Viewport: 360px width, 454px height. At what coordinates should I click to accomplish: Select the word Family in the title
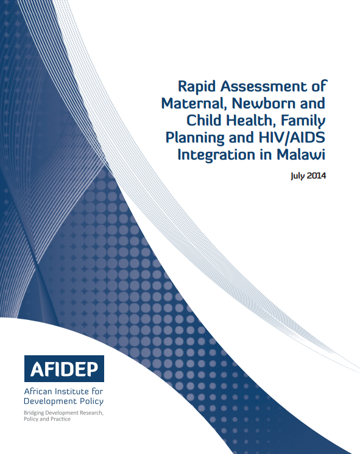coord(302,121)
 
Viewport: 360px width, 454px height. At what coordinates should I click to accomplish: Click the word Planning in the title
coord(195,138)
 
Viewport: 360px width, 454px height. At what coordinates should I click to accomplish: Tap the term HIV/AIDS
coord(292,137)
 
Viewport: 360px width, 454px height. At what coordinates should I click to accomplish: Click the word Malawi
coord(301,154)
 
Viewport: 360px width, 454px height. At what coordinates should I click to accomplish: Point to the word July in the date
coord(298,176)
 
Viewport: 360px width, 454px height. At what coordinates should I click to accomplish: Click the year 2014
coord(316,176)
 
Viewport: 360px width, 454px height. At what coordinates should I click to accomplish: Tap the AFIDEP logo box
coord(64,369)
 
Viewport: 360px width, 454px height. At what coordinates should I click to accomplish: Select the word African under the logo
coord(38,391)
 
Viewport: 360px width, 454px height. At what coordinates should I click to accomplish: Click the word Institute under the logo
coord(72,391)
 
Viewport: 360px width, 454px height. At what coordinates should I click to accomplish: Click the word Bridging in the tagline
coord(34,413)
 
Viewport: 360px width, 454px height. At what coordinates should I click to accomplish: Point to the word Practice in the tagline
coord(60,419)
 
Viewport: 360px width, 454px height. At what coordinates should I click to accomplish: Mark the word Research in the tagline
coord(91,413)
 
